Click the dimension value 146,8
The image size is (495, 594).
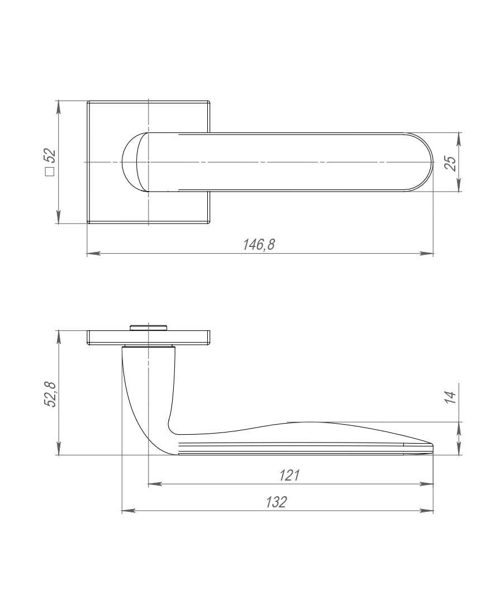tap(259, 245)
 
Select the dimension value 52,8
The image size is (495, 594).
tap(51, 393)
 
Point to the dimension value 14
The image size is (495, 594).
tap(451, 396)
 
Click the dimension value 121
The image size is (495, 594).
tap(290, 475)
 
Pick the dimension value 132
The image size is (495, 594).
tap(276, 502)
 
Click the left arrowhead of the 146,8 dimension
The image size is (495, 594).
tap(93, 253)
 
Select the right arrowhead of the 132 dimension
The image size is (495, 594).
tap(427, 511)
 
